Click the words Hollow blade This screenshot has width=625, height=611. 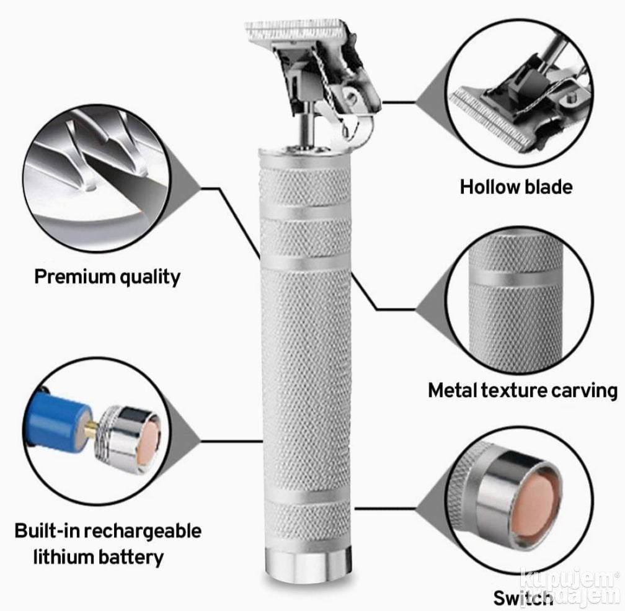(x=516, y=187)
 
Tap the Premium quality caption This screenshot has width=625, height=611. (x=107, y=277)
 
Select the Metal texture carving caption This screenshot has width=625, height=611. (x=523, y=391)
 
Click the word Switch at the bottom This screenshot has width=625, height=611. (x=523, y=597)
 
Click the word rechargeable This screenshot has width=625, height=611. (x=143, y=531)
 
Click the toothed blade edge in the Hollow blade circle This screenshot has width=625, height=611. (x=491, y=119)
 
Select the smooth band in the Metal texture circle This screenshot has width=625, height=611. (x=516, y=279)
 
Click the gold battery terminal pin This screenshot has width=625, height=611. (x=91, y=427)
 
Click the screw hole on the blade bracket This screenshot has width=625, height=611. (x=350, y=97)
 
